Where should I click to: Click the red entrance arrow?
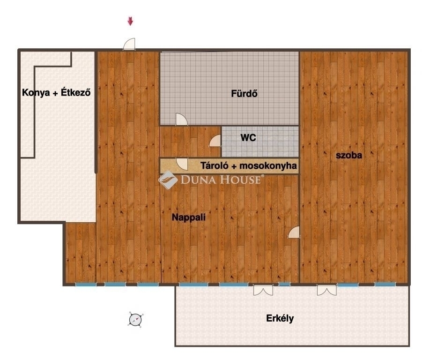coord(130,21)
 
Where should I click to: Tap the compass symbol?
coord(135,320)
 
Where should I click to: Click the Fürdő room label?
coord(244,93)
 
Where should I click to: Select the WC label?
coord(248,138)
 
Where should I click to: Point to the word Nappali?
coord(189,217)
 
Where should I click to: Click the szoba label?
coord(349,155)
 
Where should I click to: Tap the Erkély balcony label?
coord(280,318)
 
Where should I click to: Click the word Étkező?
coord(75,92)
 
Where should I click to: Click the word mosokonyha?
coord(268,166)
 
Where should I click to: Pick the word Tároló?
coord(215,165)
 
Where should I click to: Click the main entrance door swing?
coord(129,44)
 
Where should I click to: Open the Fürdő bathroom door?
coord(181,119)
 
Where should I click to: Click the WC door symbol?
coord(215,141)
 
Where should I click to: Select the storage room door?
coord(182,164)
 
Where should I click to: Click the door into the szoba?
coord(294,232)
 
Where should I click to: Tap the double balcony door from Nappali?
coord(263,290)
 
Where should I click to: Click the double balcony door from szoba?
coord(326,290)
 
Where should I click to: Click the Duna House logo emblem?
coord(168,180)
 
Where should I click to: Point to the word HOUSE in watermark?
coord(241,180)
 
